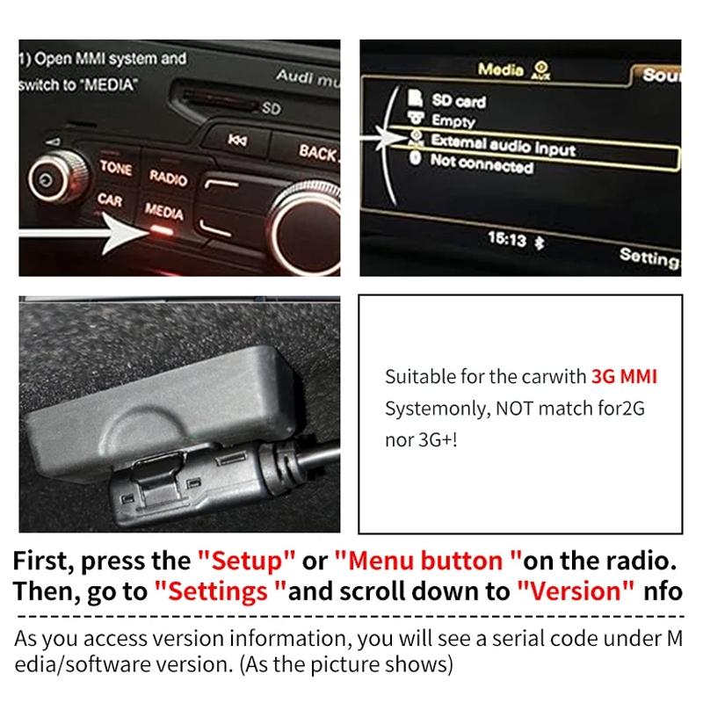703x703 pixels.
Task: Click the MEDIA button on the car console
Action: pyautogui.click(x=163, y=212)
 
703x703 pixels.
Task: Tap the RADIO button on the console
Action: pyautogui.click(x=167, y=176)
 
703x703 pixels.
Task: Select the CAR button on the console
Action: pyautogui.click(x=110, y=200)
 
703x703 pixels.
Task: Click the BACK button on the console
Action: pyautogui.click(x=317, y=152)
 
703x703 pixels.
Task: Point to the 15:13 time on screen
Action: pyautogui.click(x=507, y=238)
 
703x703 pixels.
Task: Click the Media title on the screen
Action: pyautogui.click(x=501, y=69)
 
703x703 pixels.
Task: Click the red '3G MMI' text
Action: pyautogui.click(x=624, y=377)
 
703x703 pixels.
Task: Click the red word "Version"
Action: pyautogui.click(x=576, y=591)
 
